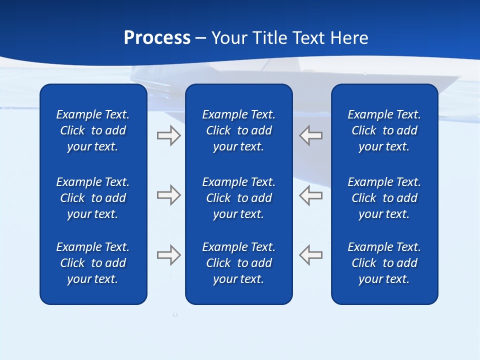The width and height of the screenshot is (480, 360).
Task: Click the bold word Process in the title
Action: point(157,38)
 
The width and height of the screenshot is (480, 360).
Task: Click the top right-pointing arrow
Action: point(168,135)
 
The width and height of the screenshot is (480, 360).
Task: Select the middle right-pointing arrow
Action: point(168,195)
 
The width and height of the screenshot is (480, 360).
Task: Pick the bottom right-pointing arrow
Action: point(168,255)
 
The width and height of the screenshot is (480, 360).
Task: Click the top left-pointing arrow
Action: point(311,135)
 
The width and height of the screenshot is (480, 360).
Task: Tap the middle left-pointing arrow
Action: point(311,195)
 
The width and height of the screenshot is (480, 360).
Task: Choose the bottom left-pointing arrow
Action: point(311,255)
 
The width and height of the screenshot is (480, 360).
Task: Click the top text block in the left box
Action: point(93,130)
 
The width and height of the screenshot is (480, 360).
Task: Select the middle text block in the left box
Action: point(93,198)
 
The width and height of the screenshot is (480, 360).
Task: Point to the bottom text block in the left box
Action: point(93,263)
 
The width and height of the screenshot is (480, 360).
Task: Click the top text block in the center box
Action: point(238,130)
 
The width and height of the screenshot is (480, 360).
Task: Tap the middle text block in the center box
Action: point(238,198)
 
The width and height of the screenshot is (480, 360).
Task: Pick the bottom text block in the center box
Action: point(238,263)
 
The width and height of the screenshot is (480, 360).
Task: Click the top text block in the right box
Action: point(384,130)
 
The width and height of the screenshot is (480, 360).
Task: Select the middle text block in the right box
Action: point(384,198)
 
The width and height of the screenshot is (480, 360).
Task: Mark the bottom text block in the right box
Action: point(384,263)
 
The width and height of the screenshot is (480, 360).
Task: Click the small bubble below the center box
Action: point(175,314)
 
